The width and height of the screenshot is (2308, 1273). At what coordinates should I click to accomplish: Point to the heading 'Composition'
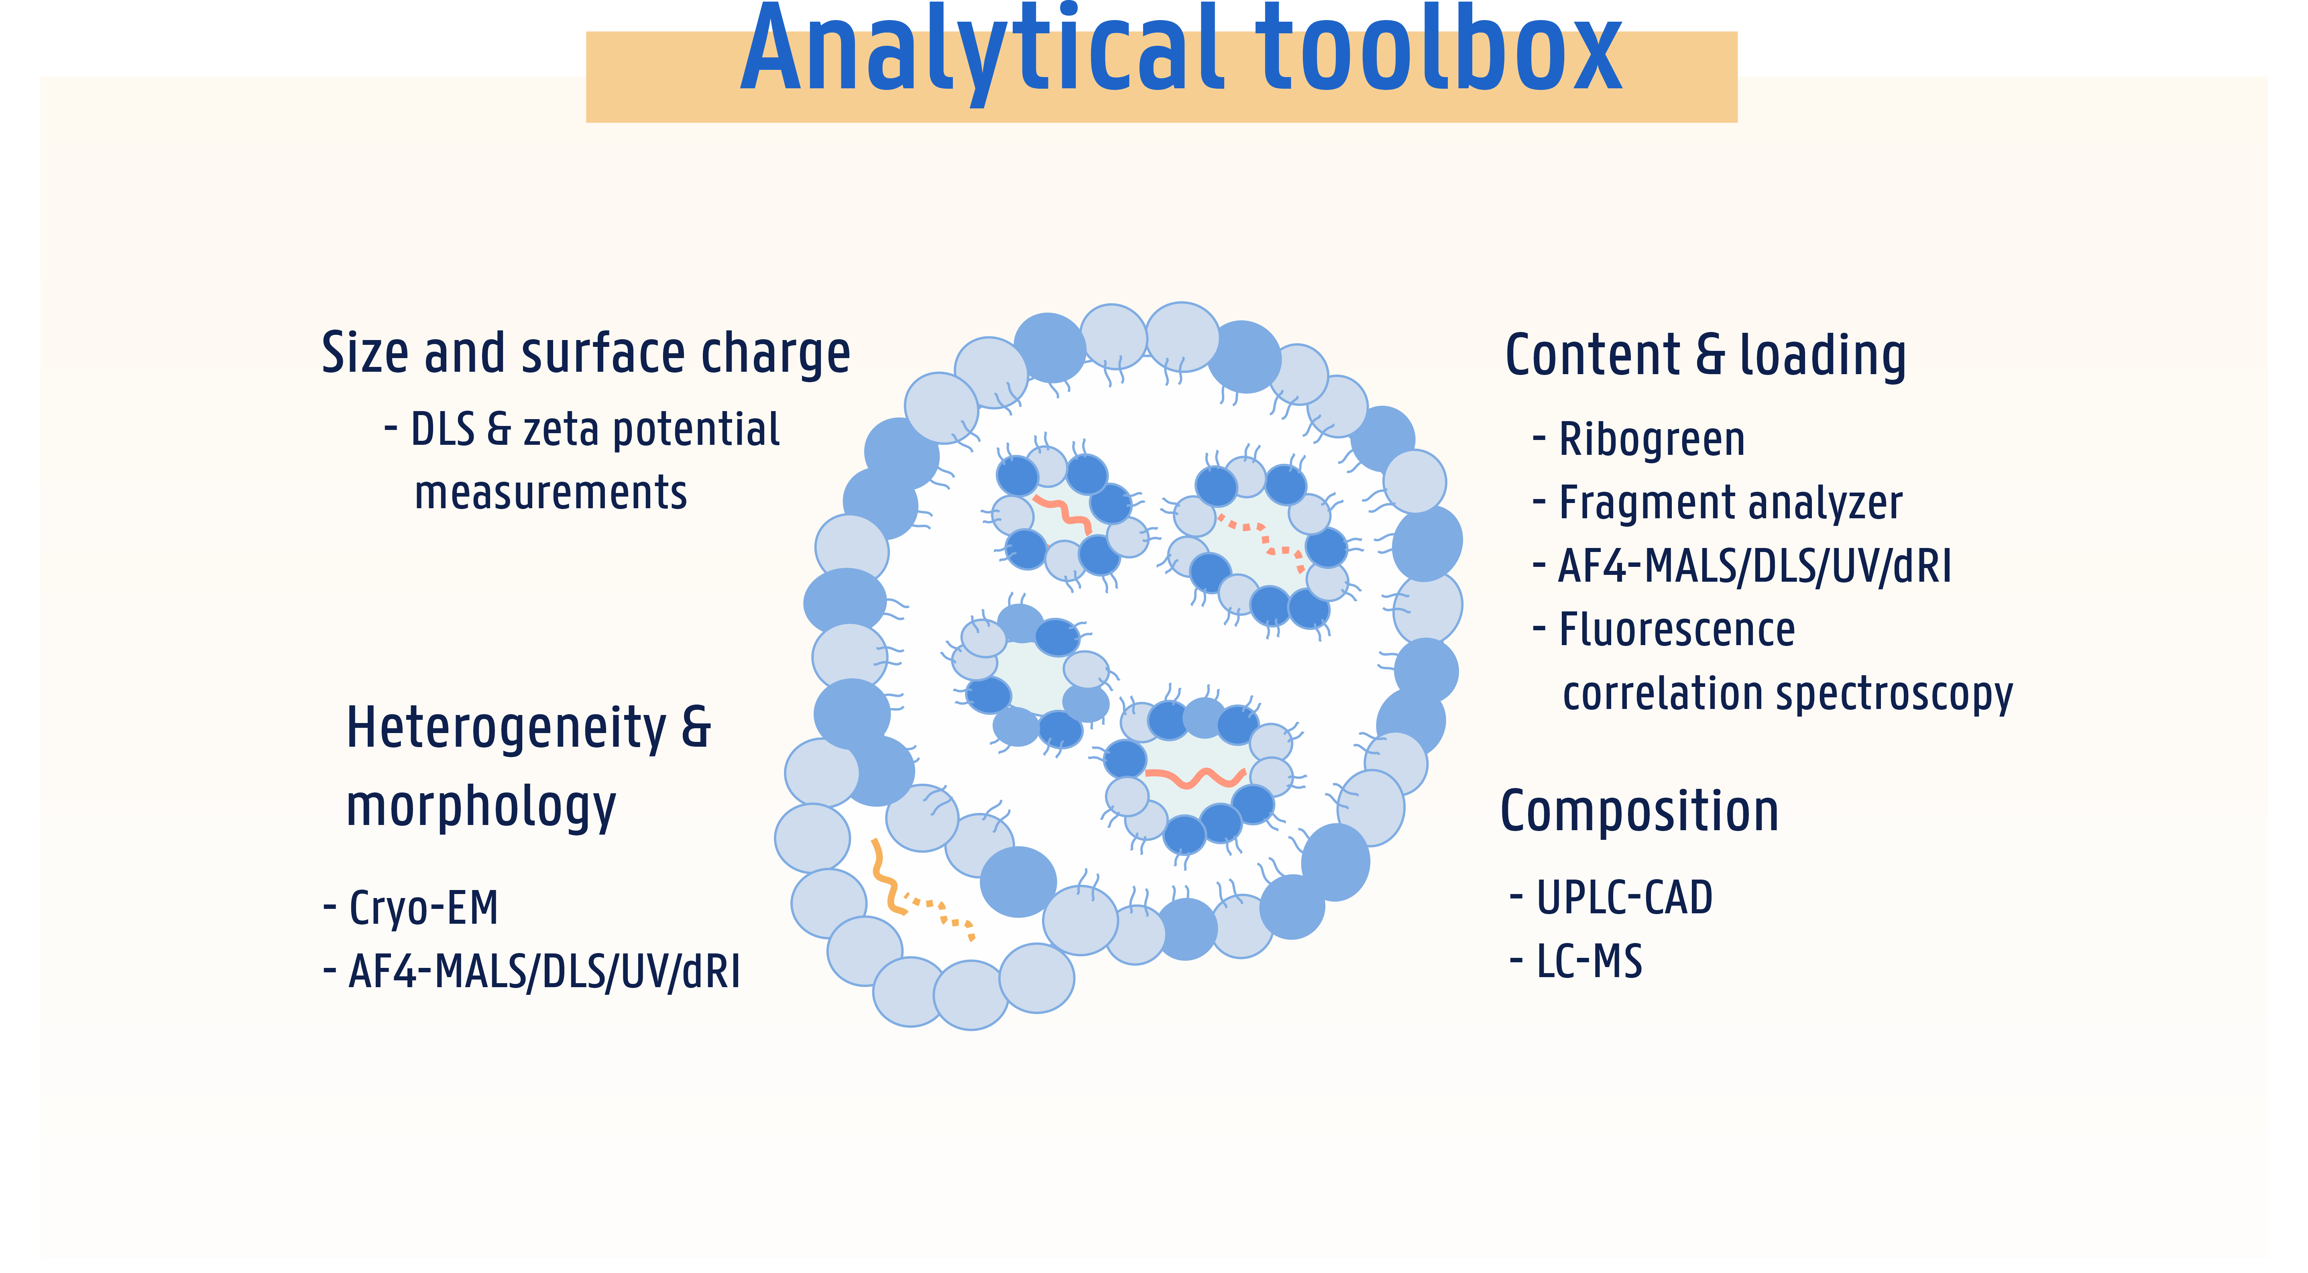1639,812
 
